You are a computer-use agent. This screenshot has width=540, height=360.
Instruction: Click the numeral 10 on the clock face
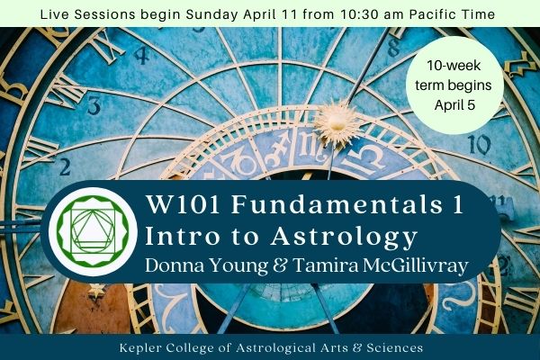479,144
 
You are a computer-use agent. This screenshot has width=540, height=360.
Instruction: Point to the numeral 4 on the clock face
140,53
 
